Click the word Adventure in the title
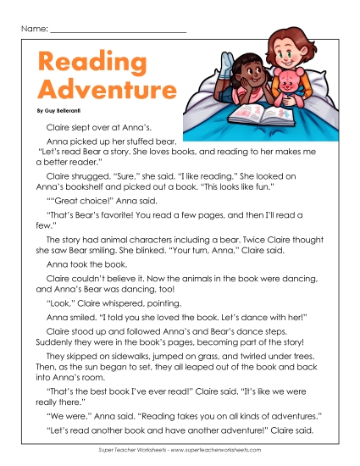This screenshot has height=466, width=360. coord(99,89)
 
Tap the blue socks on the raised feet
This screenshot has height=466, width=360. coord(230,58)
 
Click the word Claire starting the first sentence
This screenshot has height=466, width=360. coord(58,126)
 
